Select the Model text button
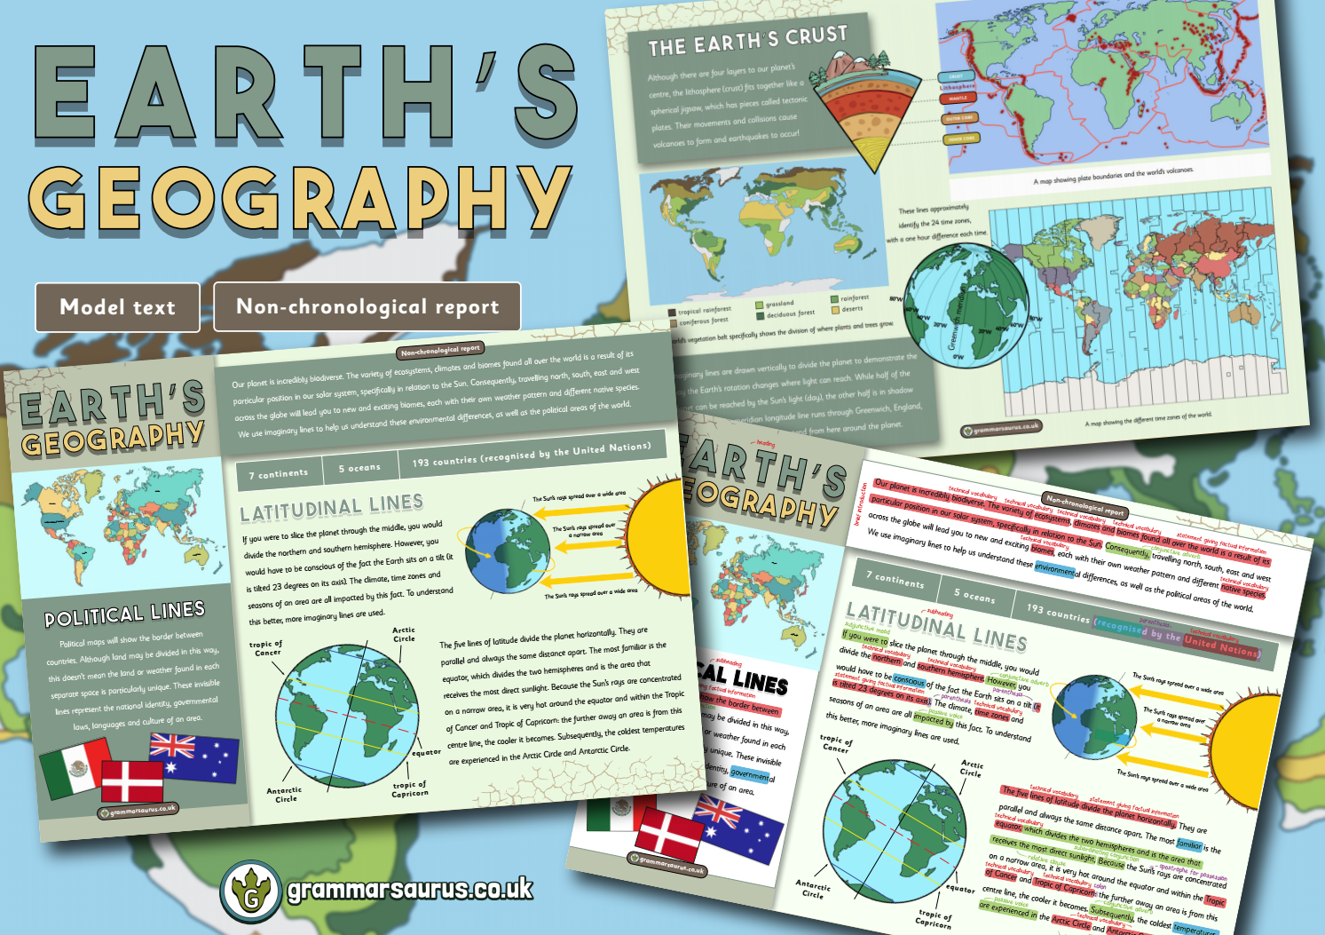(x=117, y=307)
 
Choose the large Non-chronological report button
(x=367, y=307)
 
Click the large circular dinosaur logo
(x=251, y=891)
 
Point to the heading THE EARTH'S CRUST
(x=747, y=40)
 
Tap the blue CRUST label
(x=953, y=77)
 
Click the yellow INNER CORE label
(x=960, y=139)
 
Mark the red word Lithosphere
(x=958, y=87)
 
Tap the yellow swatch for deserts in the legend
(x=834, y=311)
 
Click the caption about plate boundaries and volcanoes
(x=1113, y=175)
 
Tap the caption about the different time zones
(x=1148, y=419)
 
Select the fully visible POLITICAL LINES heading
(x=124, y=614)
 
